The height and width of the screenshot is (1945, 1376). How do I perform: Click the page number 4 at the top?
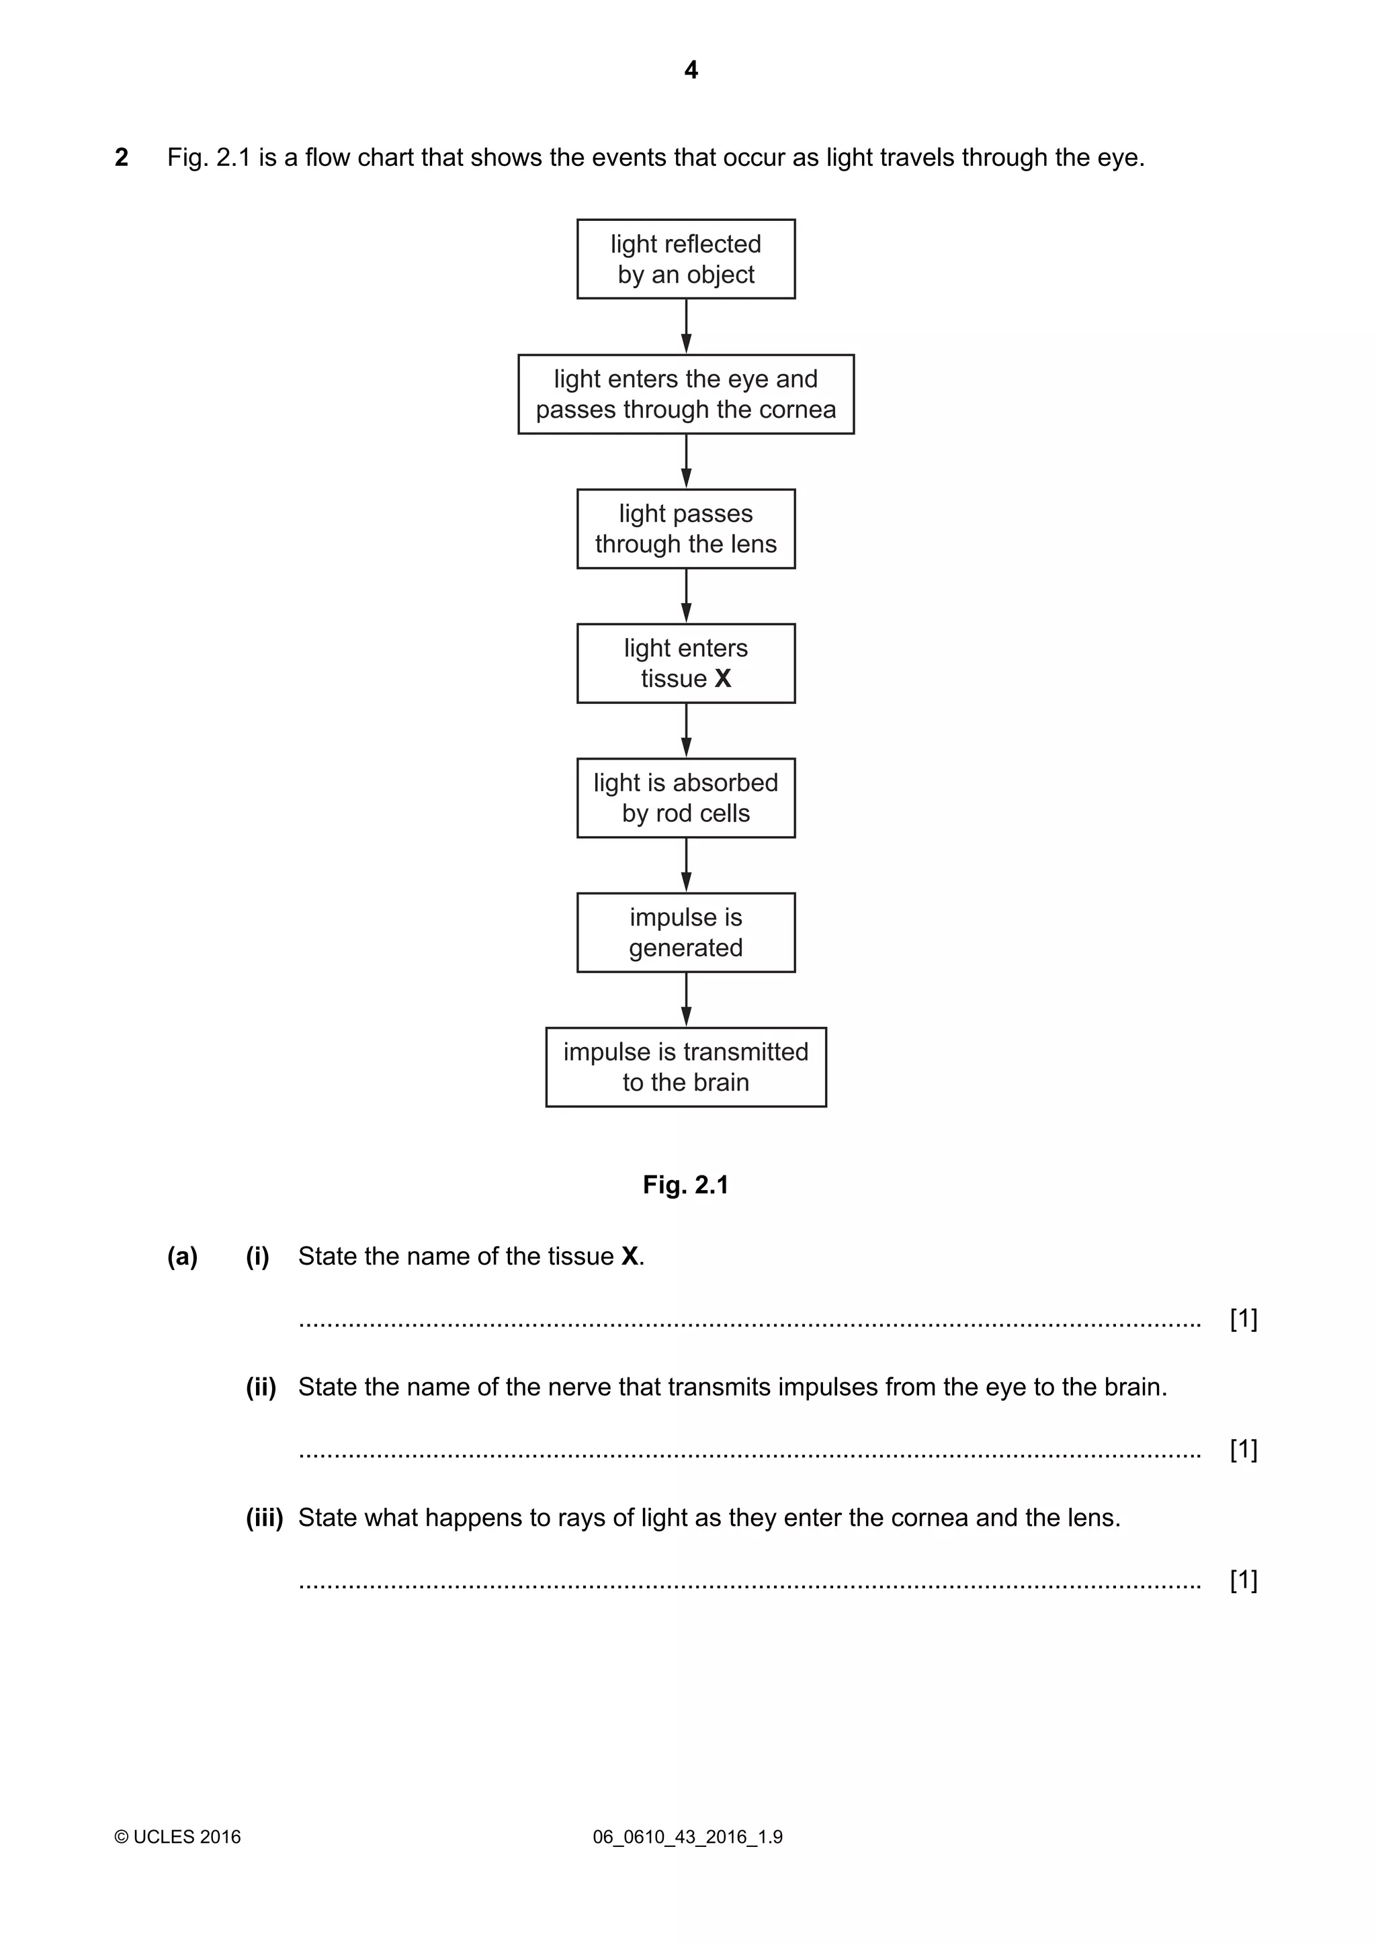(x=691, y=71)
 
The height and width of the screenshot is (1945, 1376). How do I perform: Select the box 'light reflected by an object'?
(x=685, y=259)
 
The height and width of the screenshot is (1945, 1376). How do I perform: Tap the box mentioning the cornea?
(x=685, y=394)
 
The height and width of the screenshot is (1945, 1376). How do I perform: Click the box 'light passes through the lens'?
(x=685, y=529)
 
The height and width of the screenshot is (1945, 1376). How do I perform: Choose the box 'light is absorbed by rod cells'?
(x=685, y=798)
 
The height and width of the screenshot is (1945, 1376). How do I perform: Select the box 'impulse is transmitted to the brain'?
(x=685, y=1067)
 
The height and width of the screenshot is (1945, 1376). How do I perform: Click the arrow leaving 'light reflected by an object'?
(x=685, y=326)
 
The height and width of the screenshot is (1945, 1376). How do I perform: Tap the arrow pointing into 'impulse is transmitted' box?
(x=685, y=999)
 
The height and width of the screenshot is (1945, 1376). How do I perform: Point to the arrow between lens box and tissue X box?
(x=685, y=596)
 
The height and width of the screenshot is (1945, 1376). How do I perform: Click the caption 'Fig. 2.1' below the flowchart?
(x=685, y=1184)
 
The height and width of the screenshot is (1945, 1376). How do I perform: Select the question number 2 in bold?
(x=121, y=158)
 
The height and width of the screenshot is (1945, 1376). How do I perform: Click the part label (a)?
(x=182, y=1257)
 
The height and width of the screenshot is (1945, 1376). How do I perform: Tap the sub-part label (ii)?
(x=261, y=1387)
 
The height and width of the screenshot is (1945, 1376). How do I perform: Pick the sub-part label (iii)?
(x=264, y=1517)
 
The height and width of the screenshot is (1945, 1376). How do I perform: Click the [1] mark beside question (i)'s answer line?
(x=1243, y=1318)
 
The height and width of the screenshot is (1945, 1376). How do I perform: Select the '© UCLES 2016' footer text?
(x=178, y=1837)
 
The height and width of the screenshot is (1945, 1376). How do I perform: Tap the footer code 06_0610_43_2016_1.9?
(x=687, y=1837)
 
